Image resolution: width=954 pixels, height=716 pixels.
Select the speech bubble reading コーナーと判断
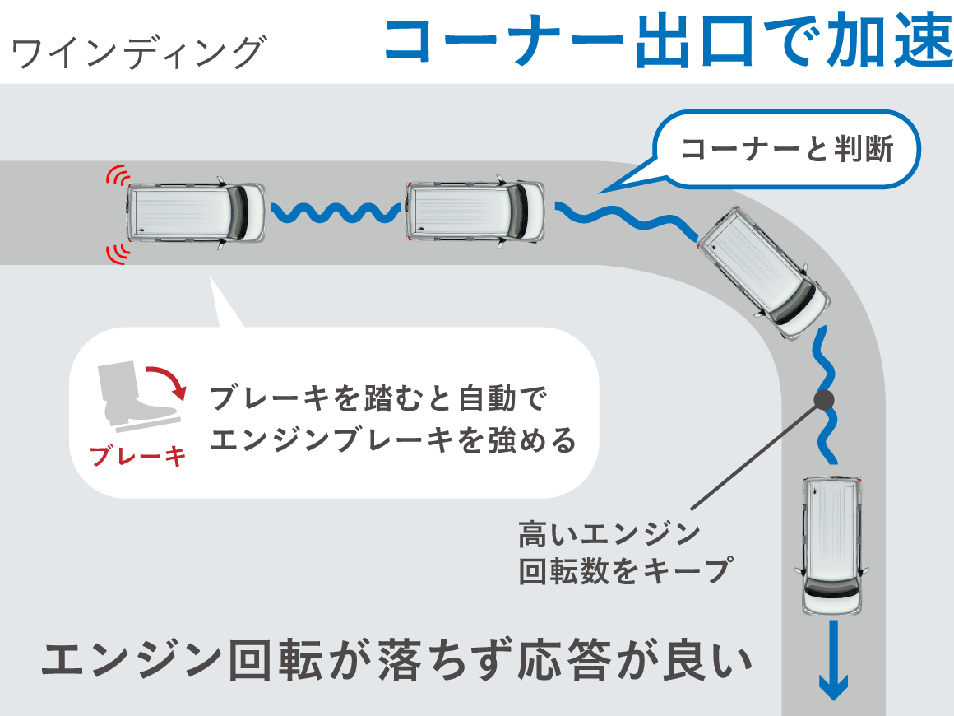click(x=787, y=150)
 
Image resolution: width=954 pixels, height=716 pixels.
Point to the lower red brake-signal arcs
click(x=118, y=252)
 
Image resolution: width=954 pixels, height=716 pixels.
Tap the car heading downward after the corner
click(x=831, y=545)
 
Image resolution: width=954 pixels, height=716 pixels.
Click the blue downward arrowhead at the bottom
click(x=834, y=686)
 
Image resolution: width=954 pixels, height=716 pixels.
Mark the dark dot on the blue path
click(x=824, y=400)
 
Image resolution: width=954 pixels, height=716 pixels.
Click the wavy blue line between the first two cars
click(x=336, y=213)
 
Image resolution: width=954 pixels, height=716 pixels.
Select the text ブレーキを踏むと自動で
click(x=378, y=399)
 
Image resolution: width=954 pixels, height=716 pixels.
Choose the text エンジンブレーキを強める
click(x=393, y=441)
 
